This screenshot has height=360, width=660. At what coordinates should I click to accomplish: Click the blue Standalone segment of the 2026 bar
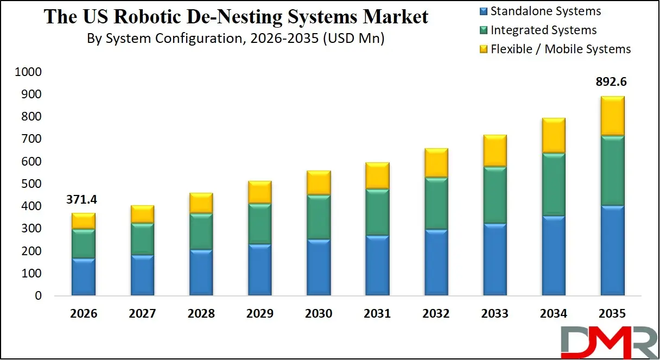[84, 277]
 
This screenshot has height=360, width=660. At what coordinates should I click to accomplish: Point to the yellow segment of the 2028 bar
[201, 203]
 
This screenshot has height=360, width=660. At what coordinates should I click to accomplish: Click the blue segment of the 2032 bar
[436, 263]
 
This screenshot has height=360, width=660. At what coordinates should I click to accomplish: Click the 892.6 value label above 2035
[611, 82]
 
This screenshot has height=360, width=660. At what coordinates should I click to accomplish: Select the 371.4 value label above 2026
[83, 200]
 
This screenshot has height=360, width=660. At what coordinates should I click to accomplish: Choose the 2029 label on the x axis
[259, 314]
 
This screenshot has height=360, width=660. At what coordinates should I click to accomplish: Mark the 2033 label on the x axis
[494, 314]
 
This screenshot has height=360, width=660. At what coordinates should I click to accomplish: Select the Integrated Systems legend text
[543, 30]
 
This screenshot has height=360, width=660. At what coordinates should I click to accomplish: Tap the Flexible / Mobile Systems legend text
[561, 49]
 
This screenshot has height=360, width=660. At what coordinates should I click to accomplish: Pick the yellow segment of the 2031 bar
[377, 175]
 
